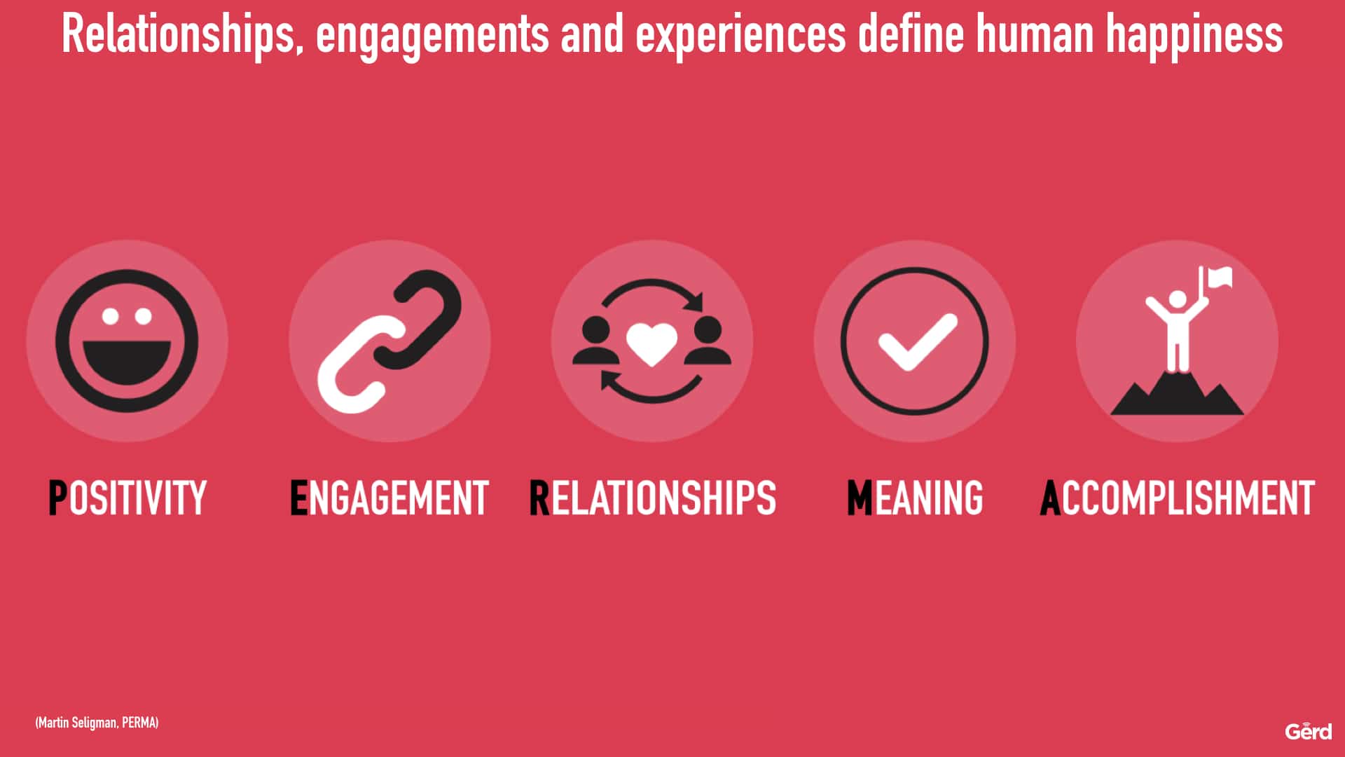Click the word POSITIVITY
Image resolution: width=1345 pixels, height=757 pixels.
[x=127, y=498]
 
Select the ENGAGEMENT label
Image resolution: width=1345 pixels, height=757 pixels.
[x=389, y=498]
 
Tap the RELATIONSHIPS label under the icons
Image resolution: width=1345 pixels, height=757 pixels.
[x=653, y=498]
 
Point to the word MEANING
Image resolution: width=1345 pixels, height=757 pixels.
[x=915, y=498]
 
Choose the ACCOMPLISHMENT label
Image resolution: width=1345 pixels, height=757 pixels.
[x=1178, y=498]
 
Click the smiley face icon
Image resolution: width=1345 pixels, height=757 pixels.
[x=127, y=341]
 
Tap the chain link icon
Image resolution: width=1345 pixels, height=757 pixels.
[x=389, y=341]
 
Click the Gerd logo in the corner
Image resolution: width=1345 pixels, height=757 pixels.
[x=1309, y=731]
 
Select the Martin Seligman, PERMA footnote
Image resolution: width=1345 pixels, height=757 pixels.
[x=97, y=723]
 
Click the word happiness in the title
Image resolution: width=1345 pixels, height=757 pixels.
[x=1194, y=35]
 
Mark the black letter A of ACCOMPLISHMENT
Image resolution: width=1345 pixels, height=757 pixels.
[x=1051, y=498]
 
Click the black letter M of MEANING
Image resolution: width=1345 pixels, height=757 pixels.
[x=860, y=498]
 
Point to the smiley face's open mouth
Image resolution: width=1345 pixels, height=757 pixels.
[x=127, y=363]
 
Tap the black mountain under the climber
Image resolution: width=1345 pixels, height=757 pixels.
[x=1177, y=393]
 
